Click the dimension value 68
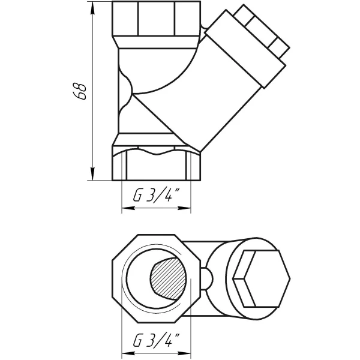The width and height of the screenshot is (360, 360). pyautogui.click(x=83, y=90)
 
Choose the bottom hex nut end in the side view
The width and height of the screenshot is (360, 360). pyautogui.click(x=157, y=163)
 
